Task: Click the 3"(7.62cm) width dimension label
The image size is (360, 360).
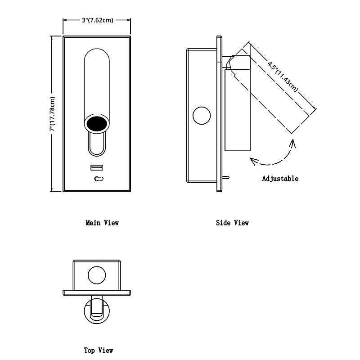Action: (x=97, y=20)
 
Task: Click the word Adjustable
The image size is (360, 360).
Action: (x=280, y=179)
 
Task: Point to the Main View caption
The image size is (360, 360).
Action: (x=102, y=222)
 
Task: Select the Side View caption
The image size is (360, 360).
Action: (x=232, y=222)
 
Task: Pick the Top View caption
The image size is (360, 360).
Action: (x=99, y=350)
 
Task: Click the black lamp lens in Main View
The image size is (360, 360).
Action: (x=97, y=124)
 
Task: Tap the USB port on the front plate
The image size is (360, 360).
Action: (x=97, y=168)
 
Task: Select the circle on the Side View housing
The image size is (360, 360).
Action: (x=201, y=116)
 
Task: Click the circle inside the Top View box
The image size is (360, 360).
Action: (x=97, y=275)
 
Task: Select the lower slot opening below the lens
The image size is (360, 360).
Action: (x=97, y=144)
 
